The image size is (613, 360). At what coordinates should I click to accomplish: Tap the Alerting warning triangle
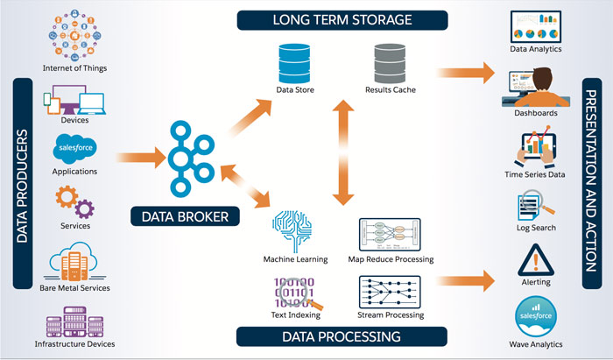point(536,259)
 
